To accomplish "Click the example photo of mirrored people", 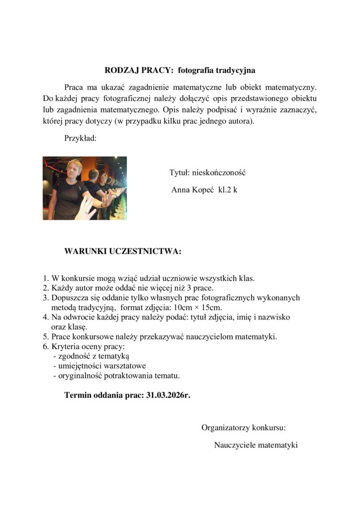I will click(x=85, y=188).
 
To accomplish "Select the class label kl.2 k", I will click(x=228, y=190).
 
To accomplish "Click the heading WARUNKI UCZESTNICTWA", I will click(x=123, y=252).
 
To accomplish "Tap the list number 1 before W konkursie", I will click(x=45, y=278).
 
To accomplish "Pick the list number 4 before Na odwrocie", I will click(x=45, y=317).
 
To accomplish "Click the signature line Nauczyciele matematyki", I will click(x=256, y=444).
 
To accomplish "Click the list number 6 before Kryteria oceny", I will click(x=45, y=346).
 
